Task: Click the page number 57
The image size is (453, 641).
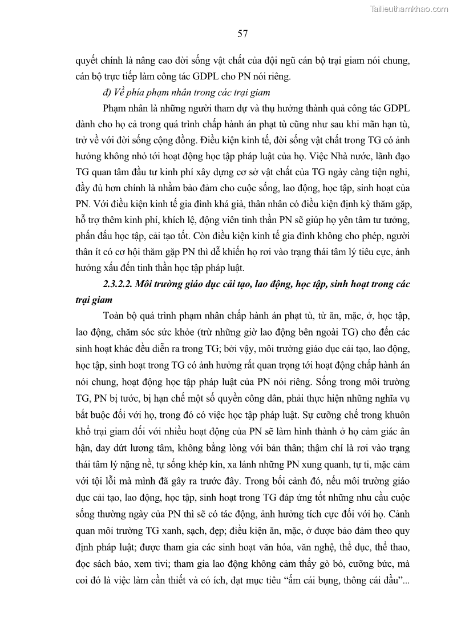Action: click(x=242, y=34)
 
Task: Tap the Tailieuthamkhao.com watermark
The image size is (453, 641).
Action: click(x=409, y=9)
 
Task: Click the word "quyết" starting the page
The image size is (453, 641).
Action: click(x=87, y=60)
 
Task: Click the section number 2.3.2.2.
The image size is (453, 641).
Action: click(x=123, y=284)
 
